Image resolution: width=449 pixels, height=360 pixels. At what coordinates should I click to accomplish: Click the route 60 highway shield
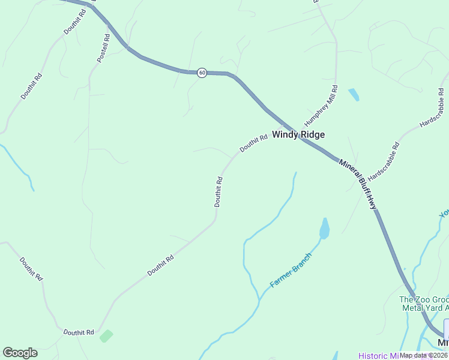[x=202, y=73]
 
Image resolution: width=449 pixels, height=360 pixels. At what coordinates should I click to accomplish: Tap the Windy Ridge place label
[x=298, y=134]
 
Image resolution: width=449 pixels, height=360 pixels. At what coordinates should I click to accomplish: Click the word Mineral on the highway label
[x=349, y=169]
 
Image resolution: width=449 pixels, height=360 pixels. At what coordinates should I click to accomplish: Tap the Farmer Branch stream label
[x=291, y=270]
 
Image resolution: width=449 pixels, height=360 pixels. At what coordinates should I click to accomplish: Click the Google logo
[x=20, y=353]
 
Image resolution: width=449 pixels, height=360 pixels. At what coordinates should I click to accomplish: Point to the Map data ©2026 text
[x=424, y=355]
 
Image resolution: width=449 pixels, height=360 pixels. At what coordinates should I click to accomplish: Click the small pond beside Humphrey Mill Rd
[x=354, y=94]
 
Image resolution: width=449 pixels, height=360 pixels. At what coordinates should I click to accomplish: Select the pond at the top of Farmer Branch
[x=325, y=229]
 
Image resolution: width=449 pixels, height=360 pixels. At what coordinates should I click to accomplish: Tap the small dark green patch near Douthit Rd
[x=106, y=336]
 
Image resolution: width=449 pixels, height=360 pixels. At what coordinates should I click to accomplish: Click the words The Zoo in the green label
[x=412, y=300]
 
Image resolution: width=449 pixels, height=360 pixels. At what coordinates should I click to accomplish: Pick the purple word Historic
[x=372, y=355]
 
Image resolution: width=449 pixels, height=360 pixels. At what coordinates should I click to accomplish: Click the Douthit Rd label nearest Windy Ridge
[x=253, y=143]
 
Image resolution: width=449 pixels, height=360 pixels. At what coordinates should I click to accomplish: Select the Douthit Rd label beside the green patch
[x=79, y=332]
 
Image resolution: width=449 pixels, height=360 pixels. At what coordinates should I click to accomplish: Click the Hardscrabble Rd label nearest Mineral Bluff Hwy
[x=384, y=162]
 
